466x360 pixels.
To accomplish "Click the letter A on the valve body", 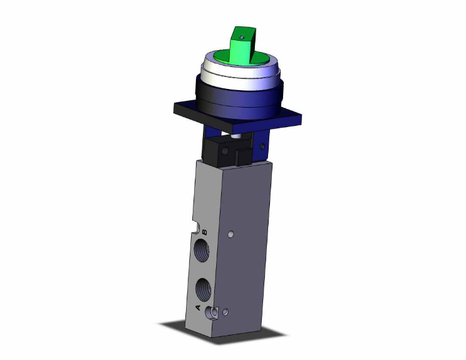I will [199, 307].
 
